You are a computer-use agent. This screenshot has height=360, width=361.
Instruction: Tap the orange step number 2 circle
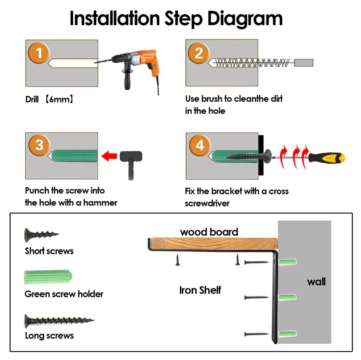click(x=199, y=53)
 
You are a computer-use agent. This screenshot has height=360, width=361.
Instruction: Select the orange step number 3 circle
click(x=39, y=145)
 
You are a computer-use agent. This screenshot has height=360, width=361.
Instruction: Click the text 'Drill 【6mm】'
click(x=50, y=99)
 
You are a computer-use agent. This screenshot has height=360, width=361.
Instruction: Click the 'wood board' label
click(x=209, y=232)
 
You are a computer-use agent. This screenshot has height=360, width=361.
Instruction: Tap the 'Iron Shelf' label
click(x=200, y=290)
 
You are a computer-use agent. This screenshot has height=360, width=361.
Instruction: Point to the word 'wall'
click(x=316, y=282)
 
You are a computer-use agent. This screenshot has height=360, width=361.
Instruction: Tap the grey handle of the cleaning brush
click(x=303, y=63)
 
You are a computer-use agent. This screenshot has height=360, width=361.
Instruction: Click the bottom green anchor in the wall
click(x=288, y=334)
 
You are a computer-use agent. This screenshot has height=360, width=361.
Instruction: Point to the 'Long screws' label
click(x=49, y=336)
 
